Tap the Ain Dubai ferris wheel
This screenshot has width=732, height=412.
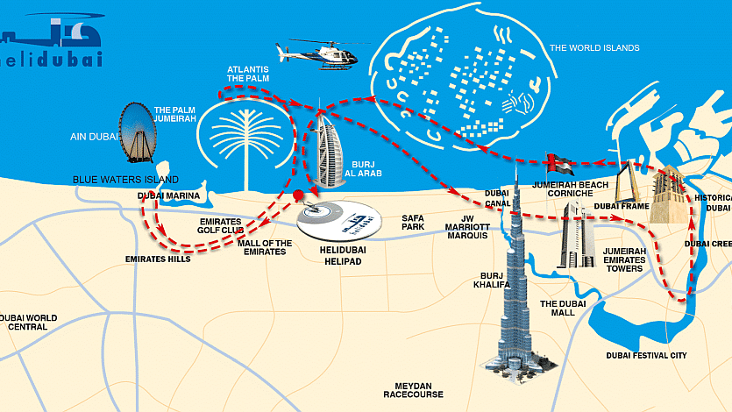138,133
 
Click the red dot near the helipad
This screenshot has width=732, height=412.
298,195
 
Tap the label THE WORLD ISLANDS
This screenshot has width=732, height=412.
594,47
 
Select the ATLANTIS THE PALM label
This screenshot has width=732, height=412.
248,74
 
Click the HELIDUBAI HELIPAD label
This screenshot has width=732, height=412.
343,256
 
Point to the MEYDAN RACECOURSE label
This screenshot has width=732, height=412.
413,390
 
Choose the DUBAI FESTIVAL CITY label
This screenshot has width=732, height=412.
647,356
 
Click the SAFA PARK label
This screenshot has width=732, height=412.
413,222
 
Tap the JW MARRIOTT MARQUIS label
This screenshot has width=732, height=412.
467,227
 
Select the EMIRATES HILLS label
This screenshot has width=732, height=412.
158,259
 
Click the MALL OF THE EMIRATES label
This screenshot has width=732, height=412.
265,247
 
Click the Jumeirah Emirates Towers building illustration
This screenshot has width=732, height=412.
577,235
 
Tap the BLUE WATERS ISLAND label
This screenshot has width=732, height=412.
125,180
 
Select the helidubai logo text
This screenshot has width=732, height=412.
52,60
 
